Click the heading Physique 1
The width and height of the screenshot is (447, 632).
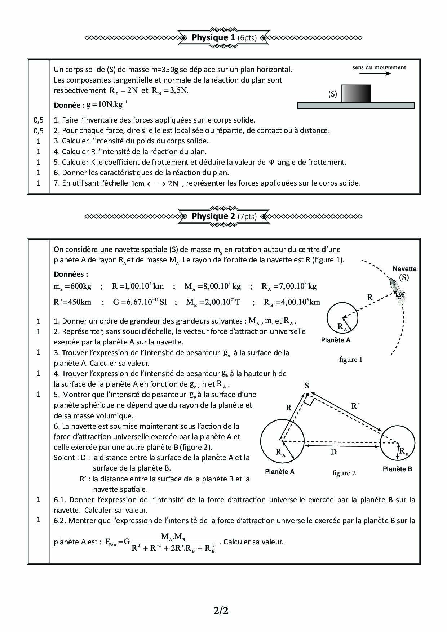click(x=223, y=37)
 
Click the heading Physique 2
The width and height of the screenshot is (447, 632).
click(x=223, y=216)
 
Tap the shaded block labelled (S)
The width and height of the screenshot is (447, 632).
click(x=356, y=94)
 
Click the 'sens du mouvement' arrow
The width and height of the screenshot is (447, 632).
click(x=375, y=74)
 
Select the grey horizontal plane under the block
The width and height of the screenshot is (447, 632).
click(x=356, y=106)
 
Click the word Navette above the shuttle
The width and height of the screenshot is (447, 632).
click(x=404, y=269)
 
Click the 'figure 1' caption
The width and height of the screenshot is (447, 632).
click(x=351, y=359)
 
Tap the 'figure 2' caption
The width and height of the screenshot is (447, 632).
click(x=344, y=473)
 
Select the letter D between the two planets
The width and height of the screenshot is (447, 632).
click(x=333, y=451)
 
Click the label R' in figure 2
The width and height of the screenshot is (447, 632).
click(x=355, y=406)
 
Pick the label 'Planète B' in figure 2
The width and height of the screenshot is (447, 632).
click(x=397, y=469)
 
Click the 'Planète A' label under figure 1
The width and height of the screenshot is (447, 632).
click(x=336, y=340)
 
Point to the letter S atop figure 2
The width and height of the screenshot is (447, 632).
click(x=307, y=386)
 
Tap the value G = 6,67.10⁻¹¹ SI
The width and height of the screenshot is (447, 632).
click(x=140, y=302)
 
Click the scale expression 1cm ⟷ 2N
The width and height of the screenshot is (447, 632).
click(x=155, y=183)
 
